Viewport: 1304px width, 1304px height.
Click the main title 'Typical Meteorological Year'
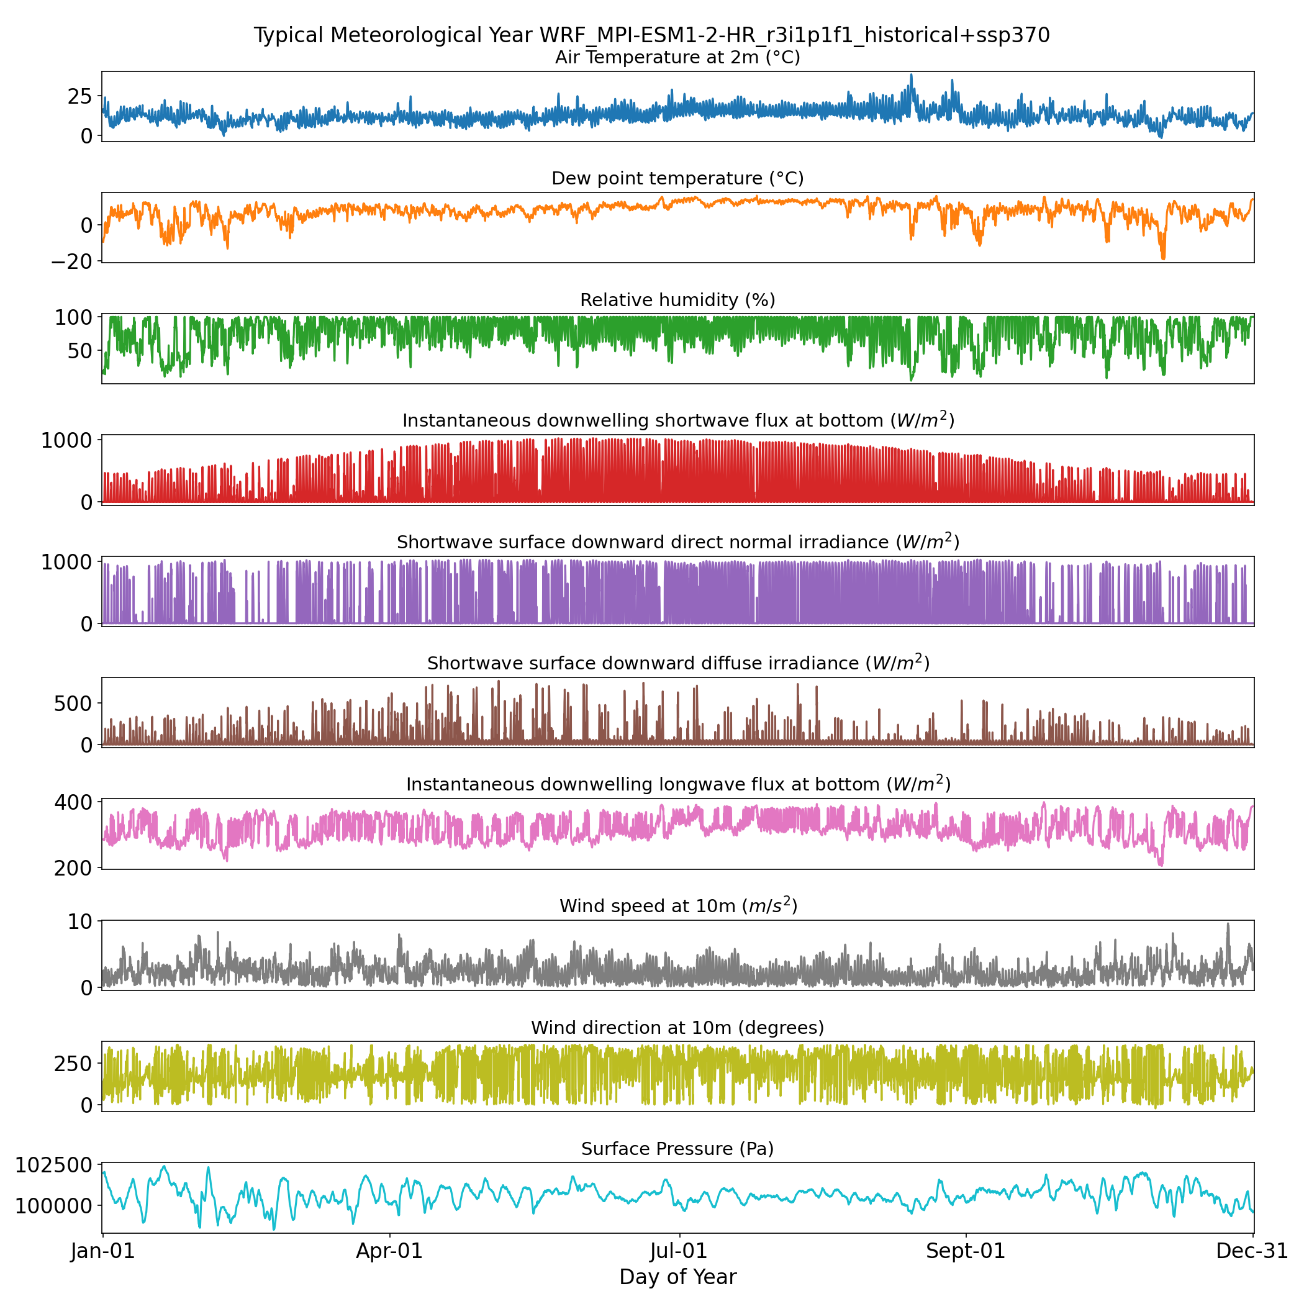point(651,35)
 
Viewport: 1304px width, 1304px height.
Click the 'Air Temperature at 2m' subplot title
point(677,57)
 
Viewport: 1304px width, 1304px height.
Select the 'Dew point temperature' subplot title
point(677,178)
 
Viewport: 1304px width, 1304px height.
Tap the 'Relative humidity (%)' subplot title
point(677,300)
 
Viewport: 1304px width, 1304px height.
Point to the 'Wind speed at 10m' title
point(677,906)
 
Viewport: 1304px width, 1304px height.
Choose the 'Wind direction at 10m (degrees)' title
point(677,1027)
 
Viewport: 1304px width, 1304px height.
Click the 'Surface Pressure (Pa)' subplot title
point(677,1149)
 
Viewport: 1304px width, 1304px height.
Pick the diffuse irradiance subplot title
point(677,663)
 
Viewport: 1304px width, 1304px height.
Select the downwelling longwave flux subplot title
point(677,784)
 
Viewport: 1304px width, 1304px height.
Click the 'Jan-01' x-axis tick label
point(103,1251)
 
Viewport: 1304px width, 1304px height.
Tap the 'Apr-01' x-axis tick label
point(389,1251)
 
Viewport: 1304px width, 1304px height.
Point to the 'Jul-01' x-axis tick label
point(678,1251)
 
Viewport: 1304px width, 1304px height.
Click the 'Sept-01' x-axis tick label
point(965,1251)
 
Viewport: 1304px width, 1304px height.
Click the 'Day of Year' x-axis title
point(677,1277)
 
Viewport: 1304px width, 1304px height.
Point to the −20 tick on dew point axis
point(75,261)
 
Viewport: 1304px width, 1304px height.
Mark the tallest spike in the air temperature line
point(911,75)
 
